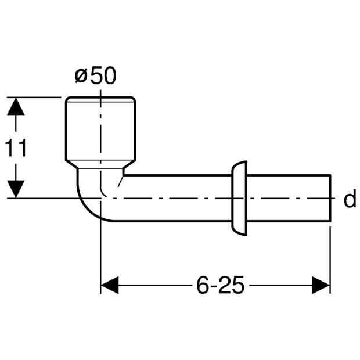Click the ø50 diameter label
pos(95,75)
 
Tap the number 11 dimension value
pos(16,148)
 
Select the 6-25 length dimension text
pos(221,285)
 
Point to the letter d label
pos(350,198)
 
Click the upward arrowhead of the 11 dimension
pos(16,106)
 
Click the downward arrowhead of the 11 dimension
pos(16,189)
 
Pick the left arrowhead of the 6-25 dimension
pos(110,285)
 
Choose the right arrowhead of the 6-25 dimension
pos(321,285)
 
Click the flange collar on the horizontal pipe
pos(239,199)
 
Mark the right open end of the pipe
pos(330,198)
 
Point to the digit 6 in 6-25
pos(203,285)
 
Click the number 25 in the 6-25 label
pos(231,285)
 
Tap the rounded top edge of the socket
pos(100,98)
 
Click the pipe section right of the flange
pos(289,198)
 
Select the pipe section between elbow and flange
pos(177,198)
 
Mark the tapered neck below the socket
pos(100,165)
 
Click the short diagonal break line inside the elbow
pos(121,181)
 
